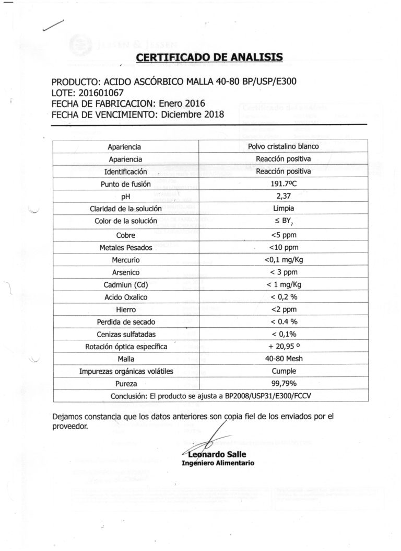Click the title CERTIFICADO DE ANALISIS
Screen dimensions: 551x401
tap(209, 57)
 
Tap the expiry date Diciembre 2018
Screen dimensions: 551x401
tap(192, 114)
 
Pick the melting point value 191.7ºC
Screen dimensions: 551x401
tap(284, 184)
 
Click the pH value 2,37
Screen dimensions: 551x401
tap(284, 197)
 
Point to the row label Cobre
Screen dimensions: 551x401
tap(125, 235)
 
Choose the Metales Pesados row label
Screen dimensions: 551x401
tap(125, 248)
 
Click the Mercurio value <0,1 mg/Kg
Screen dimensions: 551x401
tap(284, 260)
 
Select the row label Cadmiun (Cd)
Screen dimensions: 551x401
tap(125, 285)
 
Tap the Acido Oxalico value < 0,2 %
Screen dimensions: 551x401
tap(284, 297)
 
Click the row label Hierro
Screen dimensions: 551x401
tap(125, 310)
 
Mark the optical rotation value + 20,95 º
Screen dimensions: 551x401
tap(284, 347)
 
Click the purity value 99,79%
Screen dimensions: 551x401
tap(284, 384)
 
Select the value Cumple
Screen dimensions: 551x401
tap(284, 372)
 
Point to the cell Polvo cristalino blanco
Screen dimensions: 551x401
tap(284, 147)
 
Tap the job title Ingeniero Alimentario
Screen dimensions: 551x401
tap(218, 463)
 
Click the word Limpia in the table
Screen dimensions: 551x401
tap(284, 209)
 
